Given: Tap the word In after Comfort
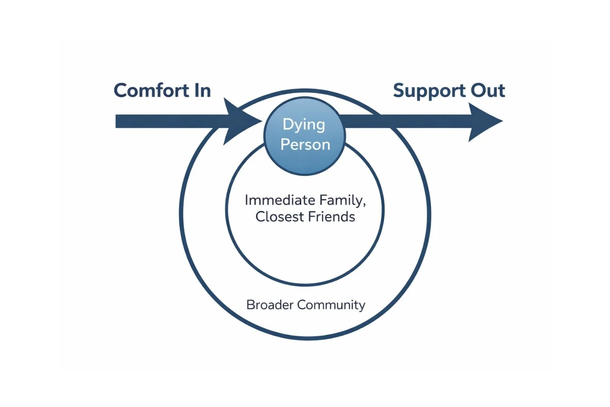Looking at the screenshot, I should [202, 90].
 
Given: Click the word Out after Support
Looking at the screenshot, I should [488, 90].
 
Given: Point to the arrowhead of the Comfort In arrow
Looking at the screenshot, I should [240, 121].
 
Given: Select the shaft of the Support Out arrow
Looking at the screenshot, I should [407, 121].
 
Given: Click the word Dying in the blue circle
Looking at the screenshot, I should [304, 125].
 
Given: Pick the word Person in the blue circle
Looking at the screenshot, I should [305, 144].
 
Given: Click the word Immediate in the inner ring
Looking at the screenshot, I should [280, 200].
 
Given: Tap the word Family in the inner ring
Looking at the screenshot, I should [341, 200].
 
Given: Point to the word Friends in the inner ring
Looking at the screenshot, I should [331, 217].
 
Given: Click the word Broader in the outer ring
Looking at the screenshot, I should [270, 304].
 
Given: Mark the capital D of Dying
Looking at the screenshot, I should [288, 124].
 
